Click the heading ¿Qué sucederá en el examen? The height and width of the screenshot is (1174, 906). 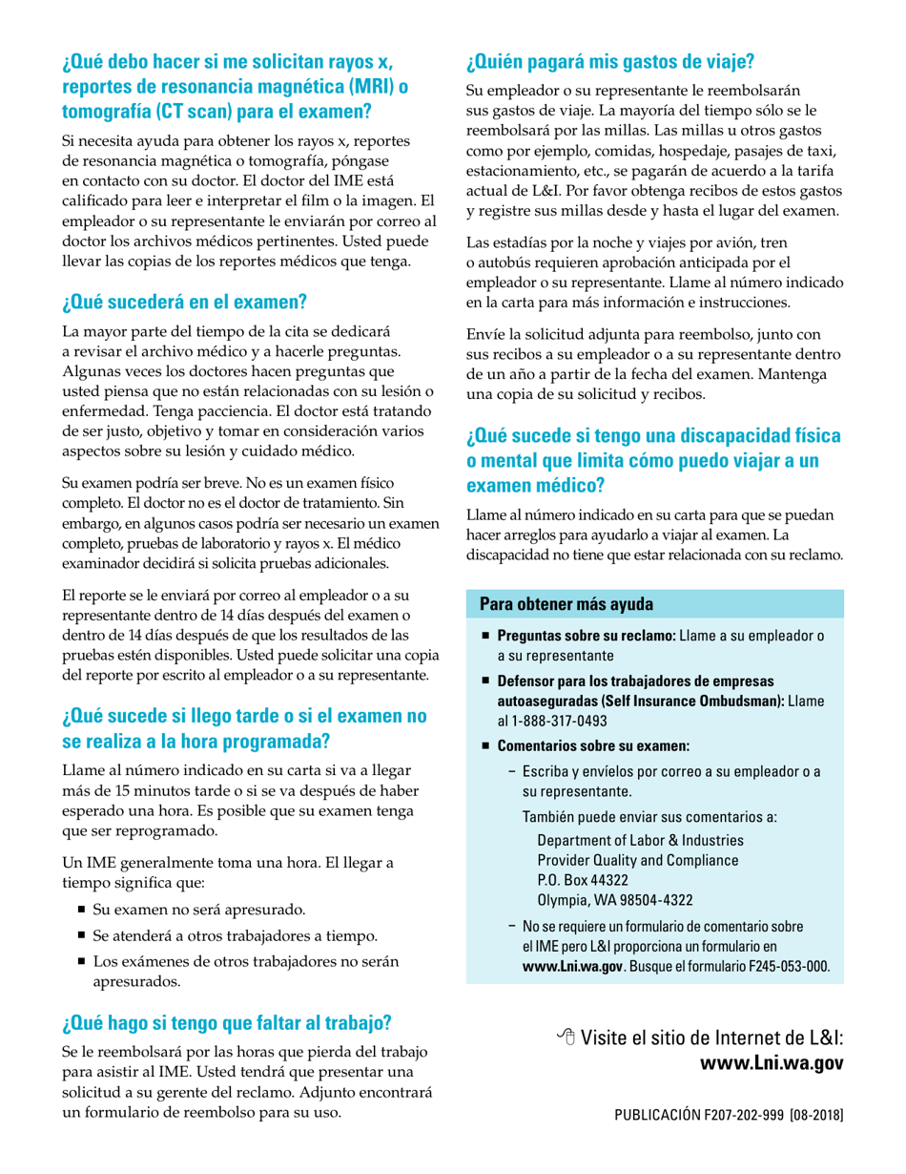184,304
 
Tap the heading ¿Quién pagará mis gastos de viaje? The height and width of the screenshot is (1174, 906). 610,64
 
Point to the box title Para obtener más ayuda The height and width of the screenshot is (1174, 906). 566,604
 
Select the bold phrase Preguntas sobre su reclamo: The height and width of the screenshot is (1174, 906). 587,637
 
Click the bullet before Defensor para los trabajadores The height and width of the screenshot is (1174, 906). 486,681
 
